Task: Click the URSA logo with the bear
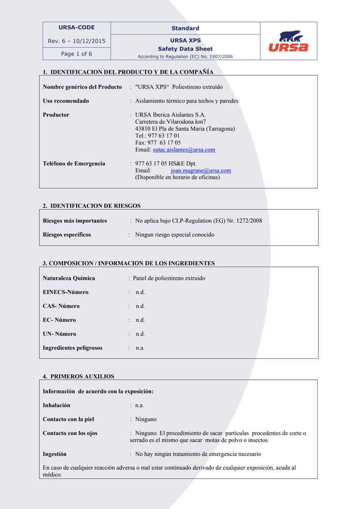[x=288, y=41]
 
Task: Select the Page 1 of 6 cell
[x=76, y=53]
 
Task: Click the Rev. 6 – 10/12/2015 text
[x=76, y=41]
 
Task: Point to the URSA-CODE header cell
[x=76, y=27]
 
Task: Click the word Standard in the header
[x=185, y=28]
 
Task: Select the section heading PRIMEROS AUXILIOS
[x=82, y=376]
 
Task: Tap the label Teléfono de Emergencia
[x=74, y=163]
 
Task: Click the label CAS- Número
[x=61, y=306]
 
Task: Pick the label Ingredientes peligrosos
[x=72, y=348]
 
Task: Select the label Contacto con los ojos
[x=70, y=433]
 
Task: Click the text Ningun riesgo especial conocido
[x=175, y=235]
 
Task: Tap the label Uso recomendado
[x=66, y=101]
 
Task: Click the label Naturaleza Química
[x=69, y=278]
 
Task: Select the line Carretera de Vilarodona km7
[x=171, y=122]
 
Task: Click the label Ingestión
[x=54, y=454]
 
